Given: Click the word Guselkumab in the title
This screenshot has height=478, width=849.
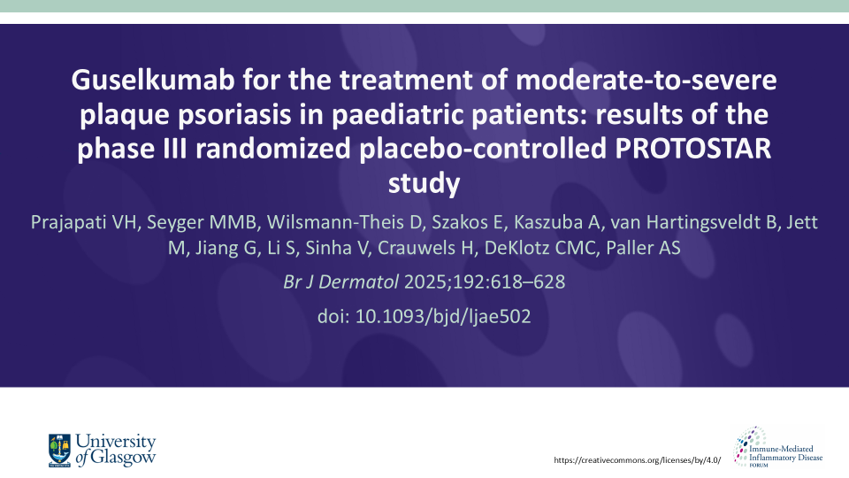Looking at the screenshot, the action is click(153, 81).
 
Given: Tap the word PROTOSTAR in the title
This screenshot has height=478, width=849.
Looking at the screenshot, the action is click(692, 149).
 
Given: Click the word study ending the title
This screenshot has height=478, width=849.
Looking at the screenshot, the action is click(424, 184).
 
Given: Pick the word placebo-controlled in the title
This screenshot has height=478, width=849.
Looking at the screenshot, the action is click(483, 149).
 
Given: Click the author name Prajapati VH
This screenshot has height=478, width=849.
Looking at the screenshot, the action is click(84, 222).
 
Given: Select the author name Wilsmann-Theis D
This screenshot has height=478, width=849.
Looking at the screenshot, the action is click(343, 222).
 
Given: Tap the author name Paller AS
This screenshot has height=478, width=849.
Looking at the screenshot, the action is click(643, 248).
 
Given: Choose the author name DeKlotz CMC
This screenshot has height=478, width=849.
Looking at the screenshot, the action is click(541, 248).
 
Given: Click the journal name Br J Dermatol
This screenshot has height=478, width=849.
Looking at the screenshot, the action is click(341, 281).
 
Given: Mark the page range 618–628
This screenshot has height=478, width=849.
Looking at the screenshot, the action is click(532, 281).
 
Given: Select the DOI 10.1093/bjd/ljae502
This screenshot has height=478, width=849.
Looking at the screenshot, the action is click(443, 317).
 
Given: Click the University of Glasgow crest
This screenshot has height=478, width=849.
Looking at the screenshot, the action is click(59, 451).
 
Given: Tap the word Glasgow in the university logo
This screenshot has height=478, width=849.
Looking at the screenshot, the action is click(123, 458).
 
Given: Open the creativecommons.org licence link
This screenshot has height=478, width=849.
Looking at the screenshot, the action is click(638, 460).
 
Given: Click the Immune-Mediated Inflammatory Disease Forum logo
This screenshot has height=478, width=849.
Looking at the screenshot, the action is click(777, 447).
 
